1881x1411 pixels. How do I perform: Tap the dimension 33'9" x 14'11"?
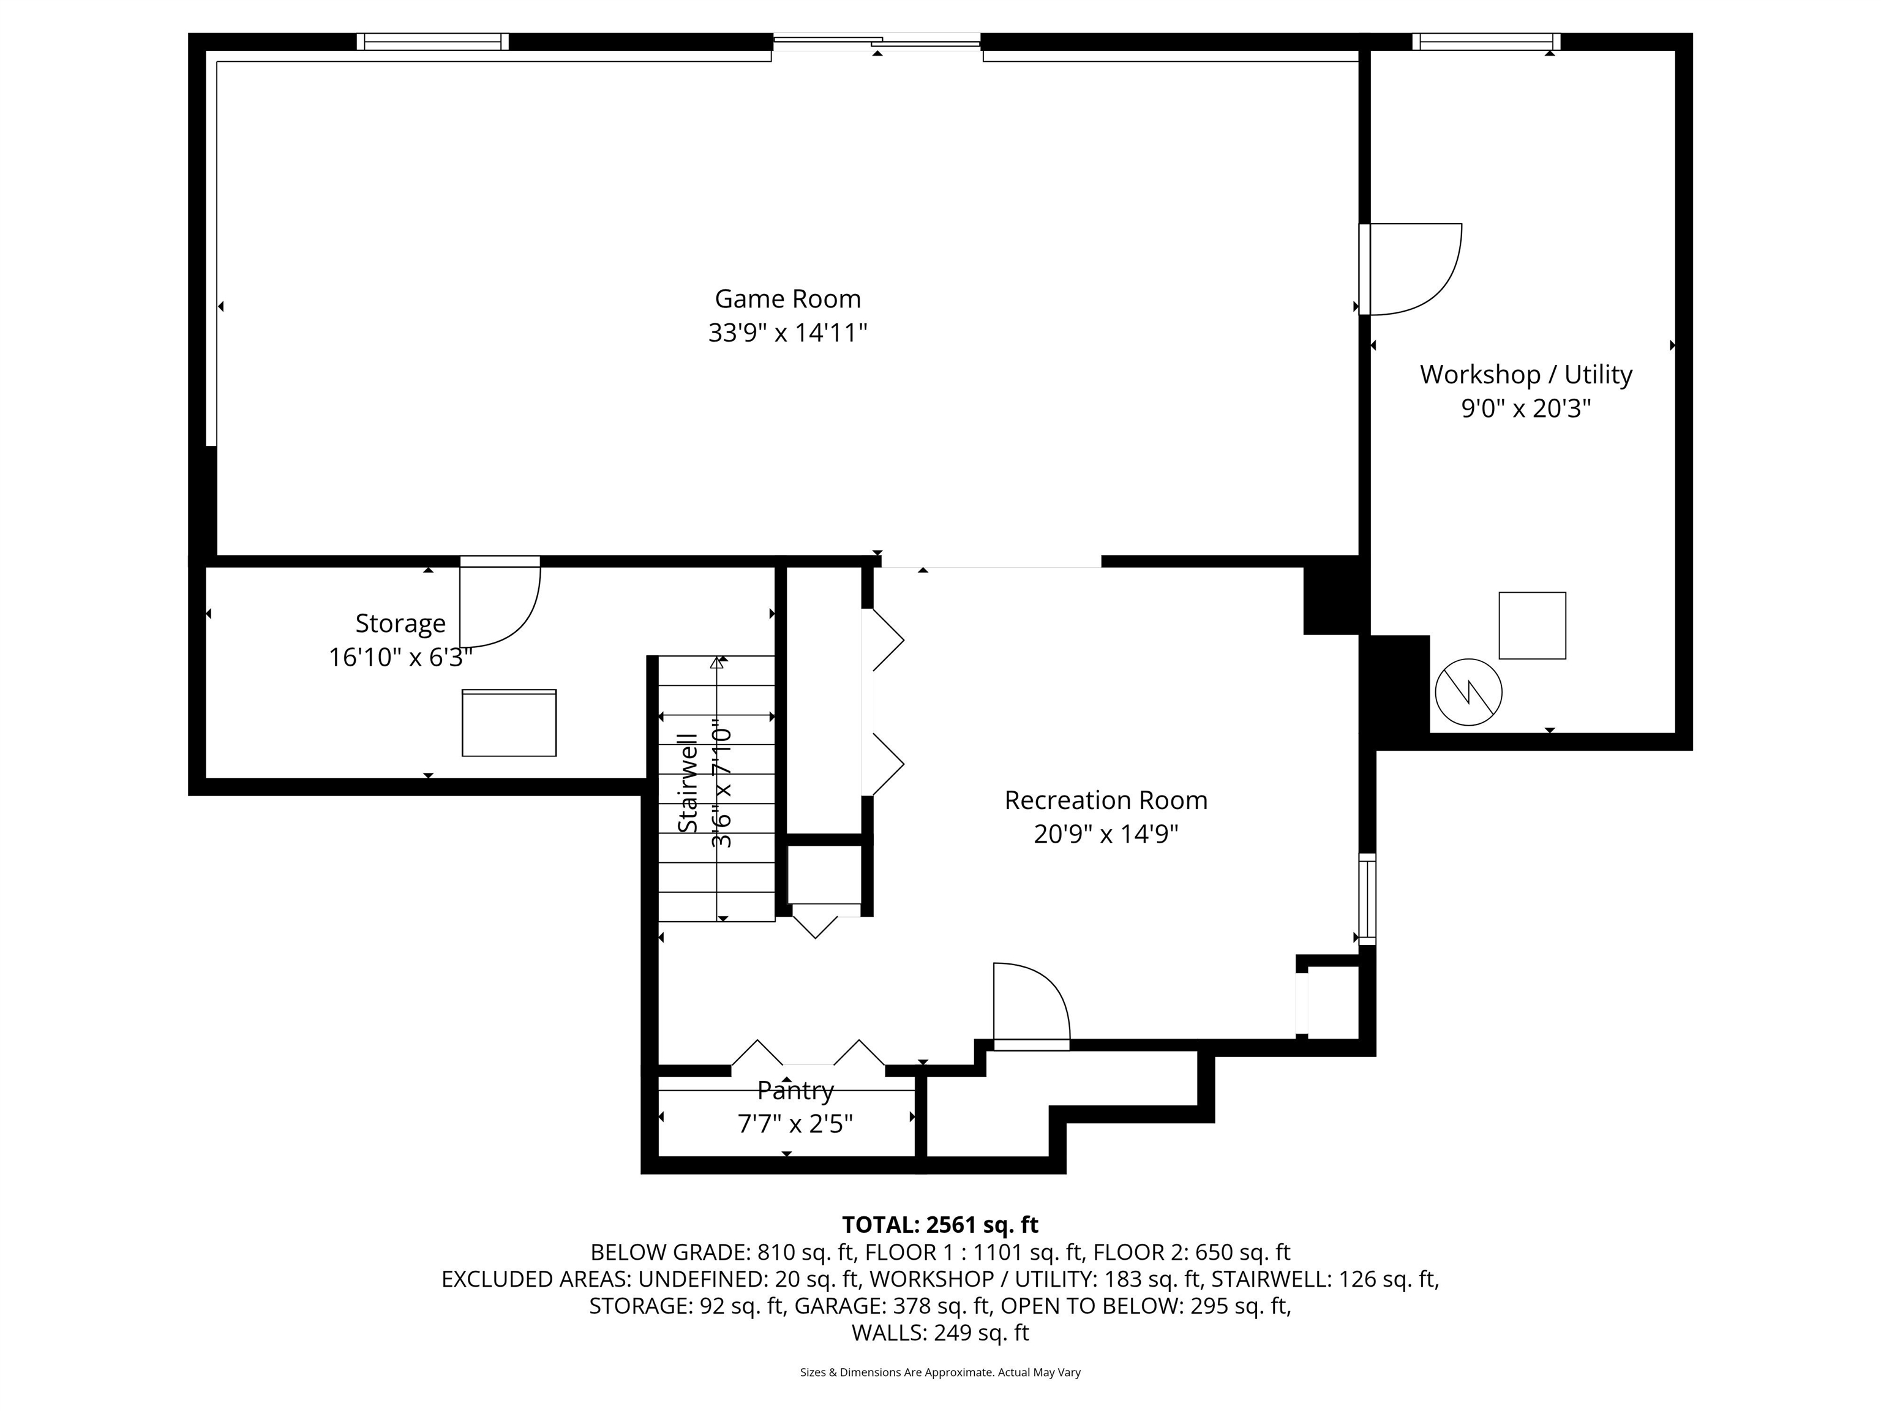coord(787,333)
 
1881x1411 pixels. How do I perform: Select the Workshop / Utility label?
coord(1525,374)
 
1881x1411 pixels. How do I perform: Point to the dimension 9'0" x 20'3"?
coord(1525,409)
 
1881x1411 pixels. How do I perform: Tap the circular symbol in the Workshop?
coord(1468,692)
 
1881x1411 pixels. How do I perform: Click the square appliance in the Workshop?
coord(1531,625)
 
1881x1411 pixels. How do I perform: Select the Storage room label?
coord(400,623)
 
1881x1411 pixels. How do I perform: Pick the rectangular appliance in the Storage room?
coord(508,723)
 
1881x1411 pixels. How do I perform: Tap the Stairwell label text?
coord(687,783)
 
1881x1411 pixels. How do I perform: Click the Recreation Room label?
coord(1105,800)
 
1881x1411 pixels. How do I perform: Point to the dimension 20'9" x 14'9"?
coord(1105,834)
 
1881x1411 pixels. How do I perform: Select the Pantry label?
coord(795,1090)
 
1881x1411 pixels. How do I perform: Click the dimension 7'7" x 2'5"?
coord(795,1124)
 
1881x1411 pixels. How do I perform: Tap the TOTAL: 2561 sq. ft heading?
coord(940,1225)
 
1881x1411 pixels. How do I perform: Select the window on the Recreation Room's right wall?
coord(1367,899)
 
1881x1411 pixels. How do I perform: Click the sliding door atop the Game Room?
coord(877,41)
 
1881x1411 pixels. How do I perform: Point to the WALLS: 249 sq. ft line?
coord(940,1333)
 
